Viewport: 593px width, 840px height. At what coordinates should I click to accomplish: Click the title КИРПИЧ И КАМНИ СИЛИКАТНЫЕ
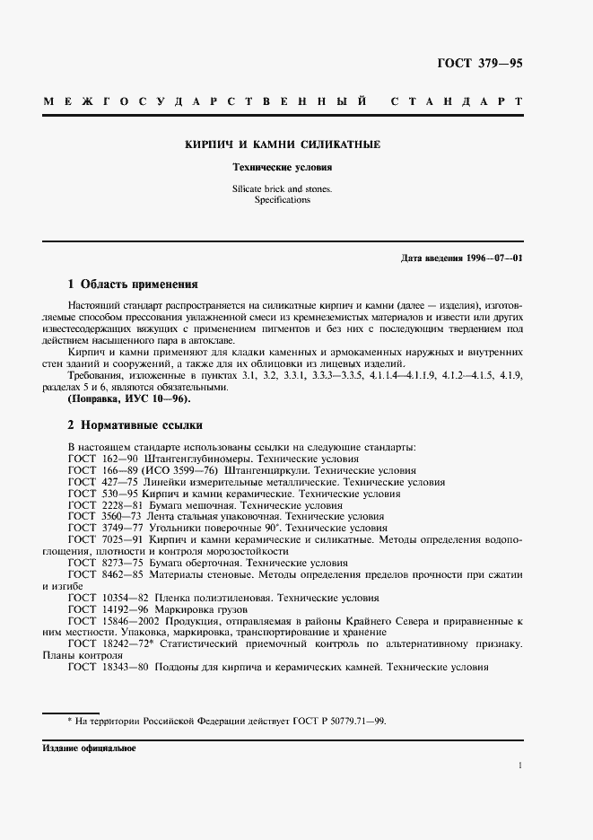(x=283, y=144)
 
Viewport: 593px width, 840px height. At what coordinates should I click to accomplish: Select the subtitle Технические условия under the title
(x=283, y=167)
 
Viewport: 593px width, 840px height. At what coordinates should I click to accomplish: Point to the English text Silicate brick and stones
(x=283, y=189)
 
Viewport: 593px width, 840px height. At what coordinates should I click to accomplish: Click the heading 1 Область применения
(x=133, y=284)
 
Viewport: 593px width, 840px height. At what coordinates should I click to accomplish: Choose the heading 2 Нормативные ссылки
(x=135, y=424)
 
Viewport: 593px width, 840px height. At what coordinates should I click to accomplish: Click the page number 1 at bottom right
(x=520, y=766)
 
